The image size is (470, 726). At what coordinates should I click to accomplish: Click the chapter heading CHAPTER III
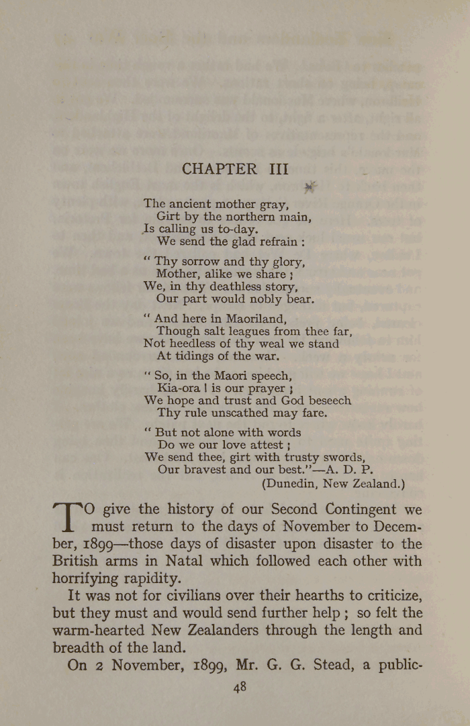(234, 169)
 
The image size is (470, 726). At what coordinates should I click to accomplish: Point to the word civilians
(190, 595)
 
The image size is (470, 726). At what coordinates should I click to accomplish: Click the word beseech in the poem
(329, 400)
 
